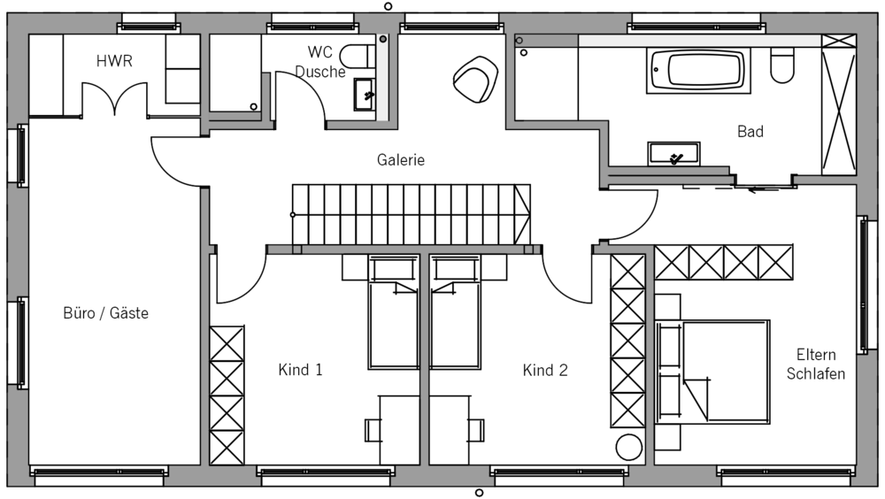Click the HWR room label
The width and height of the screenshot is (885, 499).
click(x=114, y=61)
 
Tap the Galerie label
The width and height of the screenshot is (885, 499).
click(x=401, y=160)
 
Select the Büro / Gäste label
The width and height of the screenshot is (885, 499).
click(x=106, y=312)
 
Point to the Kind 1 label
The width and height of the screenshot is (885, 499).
click(x=300, y=370)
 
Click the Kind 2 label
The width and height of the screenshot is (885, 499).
click(x=545, y=371)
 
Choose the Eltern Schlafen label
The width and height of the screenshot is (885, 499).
click(x=816, y=365)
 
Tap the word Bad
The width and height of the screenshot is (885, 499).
click(x=750, y=132)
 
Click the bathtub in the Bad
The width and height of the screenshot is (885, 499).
click(x=699, y=71)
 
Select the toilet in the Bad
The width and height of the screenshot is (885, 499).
click(x=782, y=65)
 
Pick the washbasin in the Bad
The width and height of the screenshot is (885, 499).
click(x=673, y=154)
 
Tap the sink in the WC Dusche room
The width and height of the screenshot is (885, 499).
click(x=364, y=95)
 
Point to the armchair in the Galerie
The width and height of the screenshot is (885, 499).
click(x=476, y=80)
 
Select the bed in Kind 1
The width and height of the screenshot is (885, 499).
click(x=394, y=311)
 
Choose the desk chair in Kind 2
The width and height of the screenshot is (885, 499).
click(x=476, y=430)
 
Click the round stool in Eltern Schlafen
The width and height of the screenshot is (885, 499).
click(x=628, y=447)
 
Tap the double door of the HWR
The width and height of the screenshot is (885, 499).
click(x=114, y=99)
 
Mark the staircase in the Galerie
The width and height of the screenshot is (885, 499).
click(x=412, y=214)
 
